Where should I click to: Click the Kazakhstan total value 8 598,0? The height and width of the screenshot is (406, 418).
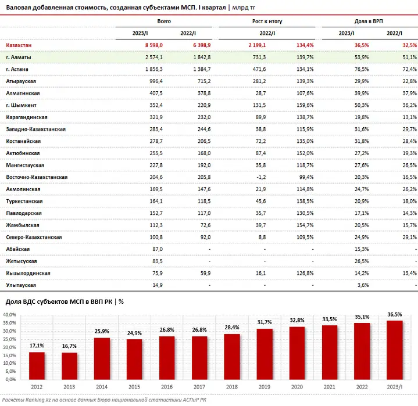(154, 45)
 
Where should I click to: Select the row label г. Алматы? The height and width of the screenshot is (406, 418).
(19, 58)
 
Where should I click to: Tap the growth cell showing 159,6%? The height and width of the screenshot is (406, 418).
(305, 105)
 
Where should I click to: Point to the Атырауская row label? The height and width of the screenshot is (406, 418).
(21, 81)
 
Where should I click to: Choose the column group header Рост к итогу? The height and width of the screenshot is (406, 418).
(267, 21)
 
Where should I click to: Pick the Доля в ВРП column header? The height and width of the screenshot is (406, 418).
(369, 21)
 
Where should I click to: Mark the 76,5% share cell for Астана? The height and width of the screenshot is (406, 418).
(362, 69)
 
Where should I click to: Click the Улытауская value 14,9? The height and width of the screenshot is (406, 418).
(158, 285)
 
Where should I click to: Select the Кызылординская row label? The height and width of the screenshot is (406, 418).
(28, 274)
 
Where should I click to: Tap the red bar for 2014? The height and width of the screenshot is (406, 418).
(102, 358)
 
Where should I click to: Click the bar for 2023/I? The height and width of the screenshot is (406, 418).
(395, 350)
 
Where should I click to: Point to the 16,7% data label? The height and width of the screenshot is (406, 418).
(69, 346)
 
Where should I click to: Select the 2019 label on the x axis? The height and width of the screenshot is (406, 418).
(265, 387)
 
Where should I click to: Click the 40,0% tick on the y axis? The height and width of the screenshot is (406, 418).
(10, 315)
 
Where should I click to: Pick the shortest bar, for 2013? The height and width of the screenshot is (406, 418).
(70, 366)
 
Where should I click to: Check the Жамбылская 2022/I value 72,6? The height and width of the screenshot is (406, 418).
(206, 225)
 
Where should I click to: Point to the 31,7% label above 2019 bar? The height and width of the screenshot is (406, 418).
(265, 322)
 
